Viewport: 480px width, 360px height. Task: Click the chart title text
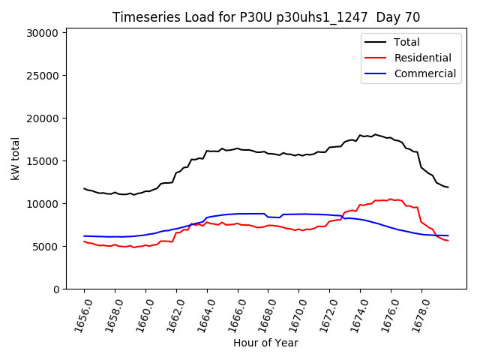tap(266, 17)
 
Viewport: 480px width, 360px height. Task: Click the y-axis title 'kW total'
tap(16, 159)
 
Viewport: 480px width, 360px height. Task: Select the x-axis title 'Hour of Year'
tap(265, 343)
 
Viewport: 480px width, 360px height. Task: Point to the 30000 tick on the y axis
tap(42, 33)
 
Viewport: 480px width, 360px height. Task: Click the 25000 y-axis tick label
tap(42, 76)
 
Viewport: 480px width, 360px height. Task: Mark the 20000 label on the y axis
tap(42, 118)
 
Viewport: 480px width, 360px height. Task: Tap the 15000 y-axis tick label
tap(42, 161)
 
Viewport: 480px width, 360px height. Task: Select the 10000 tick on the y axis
tap(42, 204)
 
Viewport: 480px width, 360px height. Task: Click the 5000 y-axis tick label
tap(45, 247)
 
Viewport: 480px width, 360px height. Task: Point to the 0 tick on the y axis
tap(56, 289)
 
